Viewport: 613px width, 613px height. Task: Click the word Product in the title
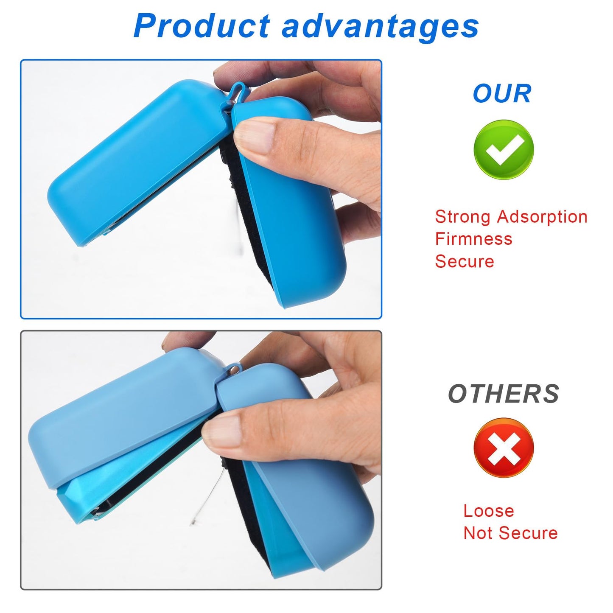pyautogui.click(x=202, y=26)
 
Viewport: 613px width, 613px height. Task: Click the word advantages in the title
pyautogui.click(x=381, y=26)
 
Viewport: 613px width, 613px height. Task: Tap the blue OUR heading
pyautogui.click(x=502, y=94)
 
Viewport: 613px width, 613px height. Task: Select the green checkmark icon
pyautogui.click(x=504, y=150)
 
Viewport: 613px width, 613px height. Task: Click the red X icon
pyautogui.click(x=504, y=448)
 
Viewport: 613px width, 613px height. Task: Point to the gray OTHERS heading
pyautogui.click(x=504, y=394)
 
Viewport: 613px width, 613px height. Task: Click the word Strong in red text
pyautogui.click(x=463, y=217)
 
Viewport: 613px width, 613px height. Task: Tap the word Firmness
pyautogui.click(x=473, y=239)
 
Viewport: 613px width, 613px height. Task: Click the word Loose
pyautogui.click(x=488, y=511)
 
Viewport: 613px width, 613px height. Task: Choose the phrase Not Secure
pyautogui.click(x=510, y=533)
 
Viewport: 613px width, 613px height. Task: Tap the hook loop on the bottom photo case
pyautogui.click(x=233, y=368)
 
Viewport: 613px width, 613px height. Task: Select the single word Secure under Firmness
pyautogui.click(x=465, y=261)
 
